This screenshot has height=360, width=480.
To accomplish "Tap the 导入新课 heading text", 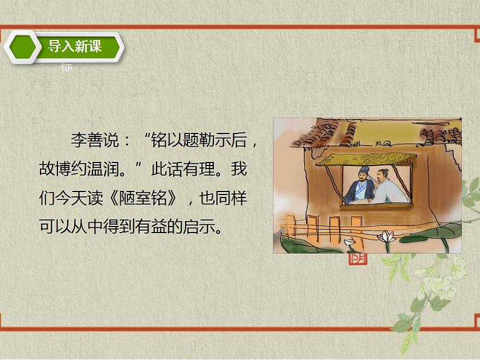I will (75, 46).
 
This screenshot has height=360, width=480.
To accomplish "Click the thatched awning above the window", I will (366, 158).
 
